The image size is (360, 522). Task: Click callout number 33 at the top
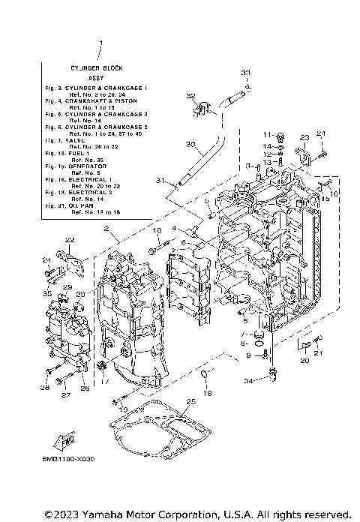pos(245,72)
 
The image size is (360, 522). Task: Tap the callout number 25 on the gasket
pos(190,402)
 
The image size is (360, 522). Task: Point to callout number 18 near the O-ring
pos(208,393)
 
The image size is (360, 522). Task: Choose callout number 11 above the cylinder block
pos(265,135)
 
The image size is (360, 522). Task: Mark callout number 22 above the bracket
pos(70,240)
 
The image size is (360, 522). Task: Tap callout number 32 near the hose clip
pos(190,97)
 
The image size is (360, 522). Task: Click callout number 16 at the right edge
pos(334,193)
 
